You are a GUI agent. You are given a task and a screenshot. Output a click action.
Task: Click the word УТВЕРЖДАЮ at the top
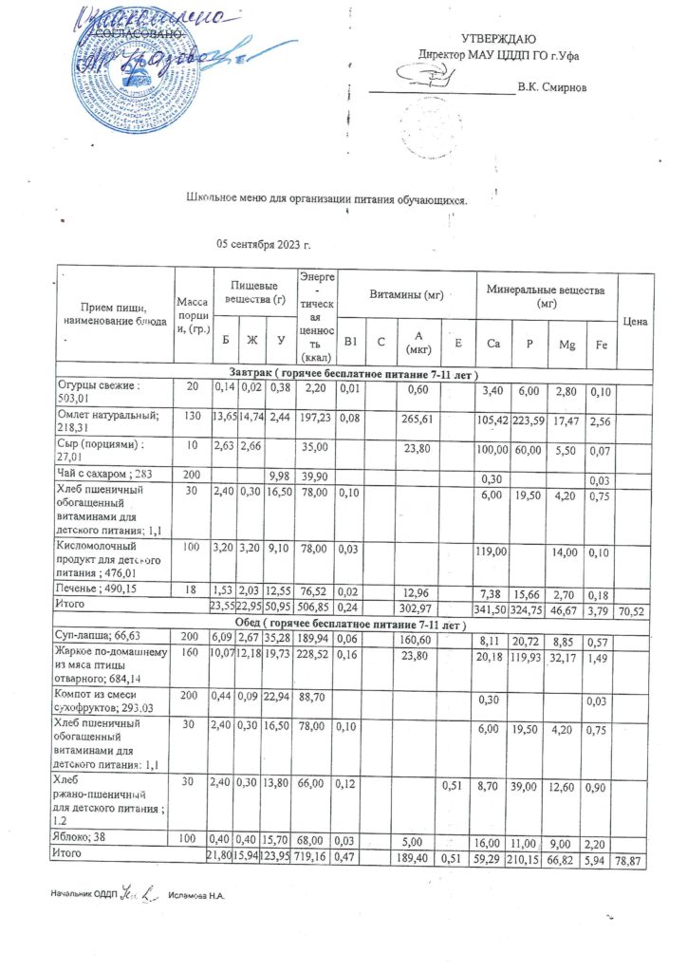(x=498, y=39)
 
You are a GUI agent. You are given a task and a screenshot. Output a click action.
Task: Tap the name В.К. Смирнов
(x=551, y=88)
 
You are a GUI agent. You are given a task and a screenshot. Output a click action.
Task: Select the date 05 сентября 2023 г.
(x=264, y=245)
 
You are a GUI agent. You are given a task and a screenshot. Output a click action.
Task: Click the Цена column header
(x=635, y=322)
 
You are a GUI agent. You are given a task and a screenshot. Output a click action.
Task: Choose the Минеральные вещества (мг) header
(x=546, y=295)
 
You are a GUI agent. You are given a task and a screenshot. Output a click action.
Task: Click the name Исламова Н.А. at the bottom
(x=199, y=894)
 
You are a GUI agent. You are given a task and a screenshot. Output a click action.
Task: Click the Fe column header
(x=596, y=343)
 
